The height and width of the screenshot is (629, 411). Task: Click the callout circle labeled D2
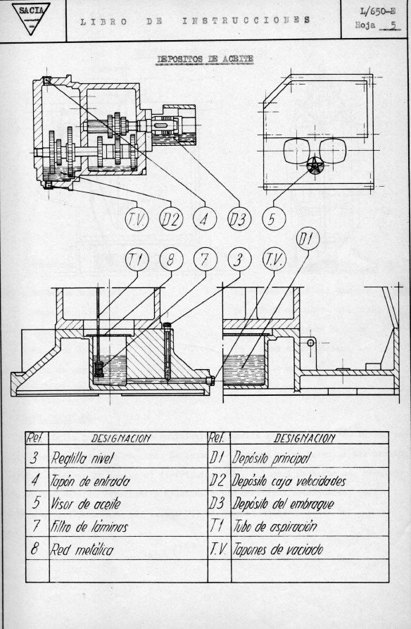pyautogui.click(x=170, y=220)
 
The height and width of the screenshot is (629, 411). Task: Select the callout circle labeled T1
pyautogui.click(x=137, y=261)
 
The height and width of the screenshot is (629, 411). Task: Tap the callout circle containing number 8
pyautogui.click(x=170, y=261)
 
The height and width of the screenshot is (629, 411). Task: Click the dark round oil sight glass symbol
pyautogui.click(x=315, y=166)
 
